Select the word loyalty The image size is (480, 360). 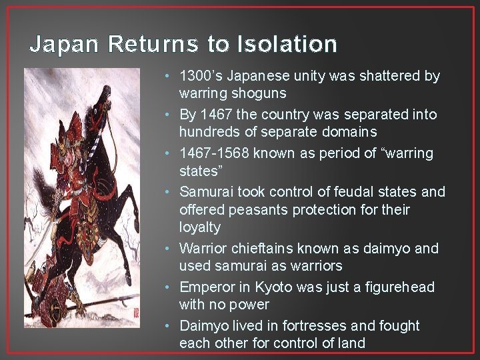(199, 227)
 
